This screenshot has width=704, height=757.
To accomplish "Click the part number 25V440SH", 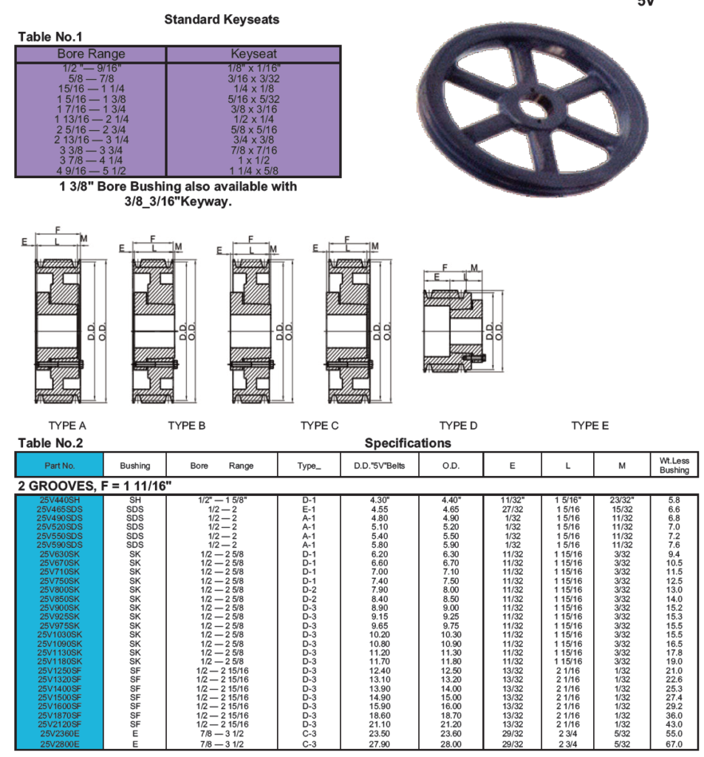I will (x=60, y=500).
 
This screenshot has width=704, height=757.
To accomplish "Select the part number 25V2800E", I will (x=60, y=744).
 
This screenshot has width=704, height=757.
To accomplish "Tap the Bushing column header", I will (x=134, y=466).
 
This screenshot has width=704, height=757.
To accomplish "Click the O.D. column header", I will (x=451, y=466).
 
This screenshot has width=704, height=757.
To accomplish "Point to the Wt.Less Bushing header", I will (x=674, y=465).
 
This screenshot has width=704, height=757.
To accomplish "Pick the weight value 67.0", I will (x=674, y=744).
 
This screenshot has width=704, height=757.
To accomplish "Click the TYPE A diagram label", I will (x=67, y=426).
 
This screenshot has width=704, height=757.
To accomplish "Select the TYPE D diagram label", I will (x=458, y=426).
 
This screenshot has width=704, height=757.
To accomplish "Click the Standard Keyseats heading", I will (x=222, y=20).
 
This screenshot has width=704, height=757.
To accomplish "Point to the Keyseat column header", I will (x=253, y=54).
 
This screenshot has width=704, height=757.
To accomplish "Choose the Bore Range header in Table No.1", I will (x=91, y=54).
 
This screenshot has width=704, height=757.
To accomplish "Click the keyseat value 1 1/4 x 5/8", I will (x=253, y=171).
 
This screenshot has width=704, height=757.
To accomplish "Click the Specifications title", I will (x=407, y=444).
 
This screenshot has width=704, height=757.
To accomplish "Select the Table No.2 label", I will (x=50, y=444).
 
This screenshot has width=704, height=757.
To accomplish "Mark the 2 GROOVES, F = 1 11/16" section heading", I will (x=95, y=486).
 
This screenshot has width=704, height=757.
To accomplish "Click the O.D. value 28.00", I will (x=451, y=744).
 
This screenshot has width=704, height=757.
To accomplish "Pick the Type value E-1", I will (x=309, y=509).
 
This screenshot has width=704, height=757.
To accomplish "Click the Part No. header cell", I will (x=60, y=466).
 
